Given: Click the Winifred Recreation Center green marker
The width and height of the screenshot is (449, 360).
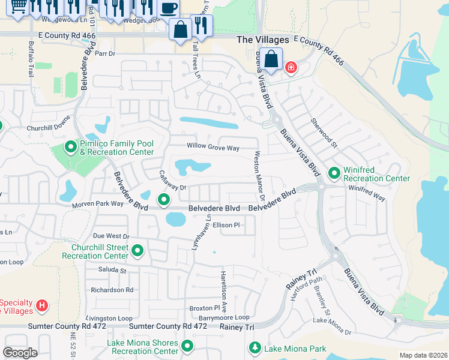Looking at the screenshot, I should [x=334, y=174].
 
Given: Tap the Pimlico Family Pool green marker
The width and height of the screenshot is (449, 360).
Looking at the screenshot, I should [x=71, y=146].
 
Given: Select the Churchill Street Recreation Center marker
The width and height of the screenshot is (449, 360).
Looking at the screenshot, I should [x=137, y=251].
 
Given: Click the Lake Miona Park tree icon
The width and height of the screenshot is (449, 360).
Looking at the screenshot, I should [x=255, y=348].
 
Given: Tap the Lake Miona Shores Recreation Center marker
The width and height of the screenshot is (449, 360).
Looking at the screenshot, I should [x=187, y=346].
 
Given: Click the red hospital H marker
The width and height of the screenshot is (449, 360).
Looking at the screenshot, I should [x=41, y=306].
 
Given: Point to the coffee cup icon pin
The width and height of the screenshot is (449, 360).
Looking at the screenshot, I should [x=169, y=8].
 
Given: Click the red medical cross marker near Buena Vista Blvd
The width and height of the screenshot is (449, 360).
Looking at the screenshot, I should [x=291, y=67].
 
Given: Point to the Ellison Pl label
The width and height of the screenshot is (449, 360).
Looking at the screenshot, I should [x=226, y=226].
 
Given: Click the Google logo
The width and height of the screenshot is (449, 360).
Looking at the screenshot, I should [x=20, y=353].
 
